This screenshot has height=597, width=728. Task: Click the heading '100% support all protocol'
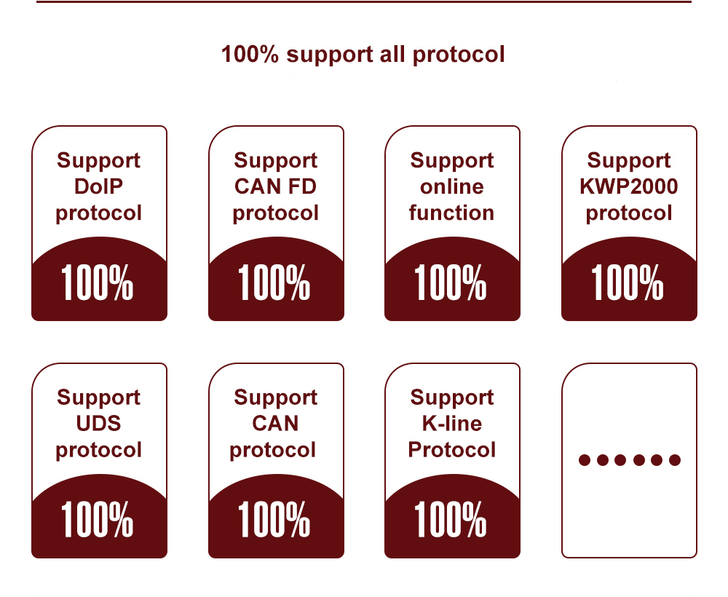click(363, 55)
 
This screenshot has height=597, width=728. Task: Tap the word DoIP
click(98, 186)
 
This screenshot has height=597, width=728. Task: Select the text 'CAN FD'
click(275, 186)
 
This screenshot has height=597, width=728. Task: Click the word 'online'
click(451, 186)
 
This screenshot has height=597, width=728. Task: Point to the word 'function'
click(451, 213)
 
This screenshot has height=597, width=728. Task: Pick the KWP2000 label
click(628, 186)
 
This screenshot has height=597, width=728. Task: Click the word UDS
click(98, 423)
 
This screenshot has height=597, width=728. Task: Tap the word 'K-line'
click(451, 423)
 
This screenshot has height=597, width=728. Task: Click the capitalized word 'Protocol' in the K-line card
click(451, 449)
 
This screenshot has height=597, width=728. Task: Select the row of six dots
click(629, 460)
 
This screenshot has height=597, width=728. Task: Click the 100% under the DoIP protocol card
click(98, 283)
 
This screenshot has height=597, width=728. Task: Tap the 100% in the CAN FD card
click(274, 283)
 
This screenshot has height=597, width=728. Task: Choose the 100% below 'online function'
click(451, 283)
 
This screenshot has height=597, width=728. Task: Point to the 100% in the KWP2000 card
click(628, 283)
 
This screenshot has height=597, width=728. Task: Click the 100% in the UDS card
click(98, 520)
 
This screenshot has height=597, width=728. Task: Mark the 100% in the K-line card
click(451, 520)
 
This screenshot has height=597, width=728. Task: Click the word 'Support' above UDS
click(98, 398)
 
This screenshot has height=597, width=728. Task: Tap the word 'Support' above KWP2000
click(628, 160)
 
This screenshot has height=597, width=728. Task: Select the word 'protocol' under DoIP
click(98, 213)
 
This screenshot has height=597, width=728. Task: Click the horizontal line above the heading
click(363, 2)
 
